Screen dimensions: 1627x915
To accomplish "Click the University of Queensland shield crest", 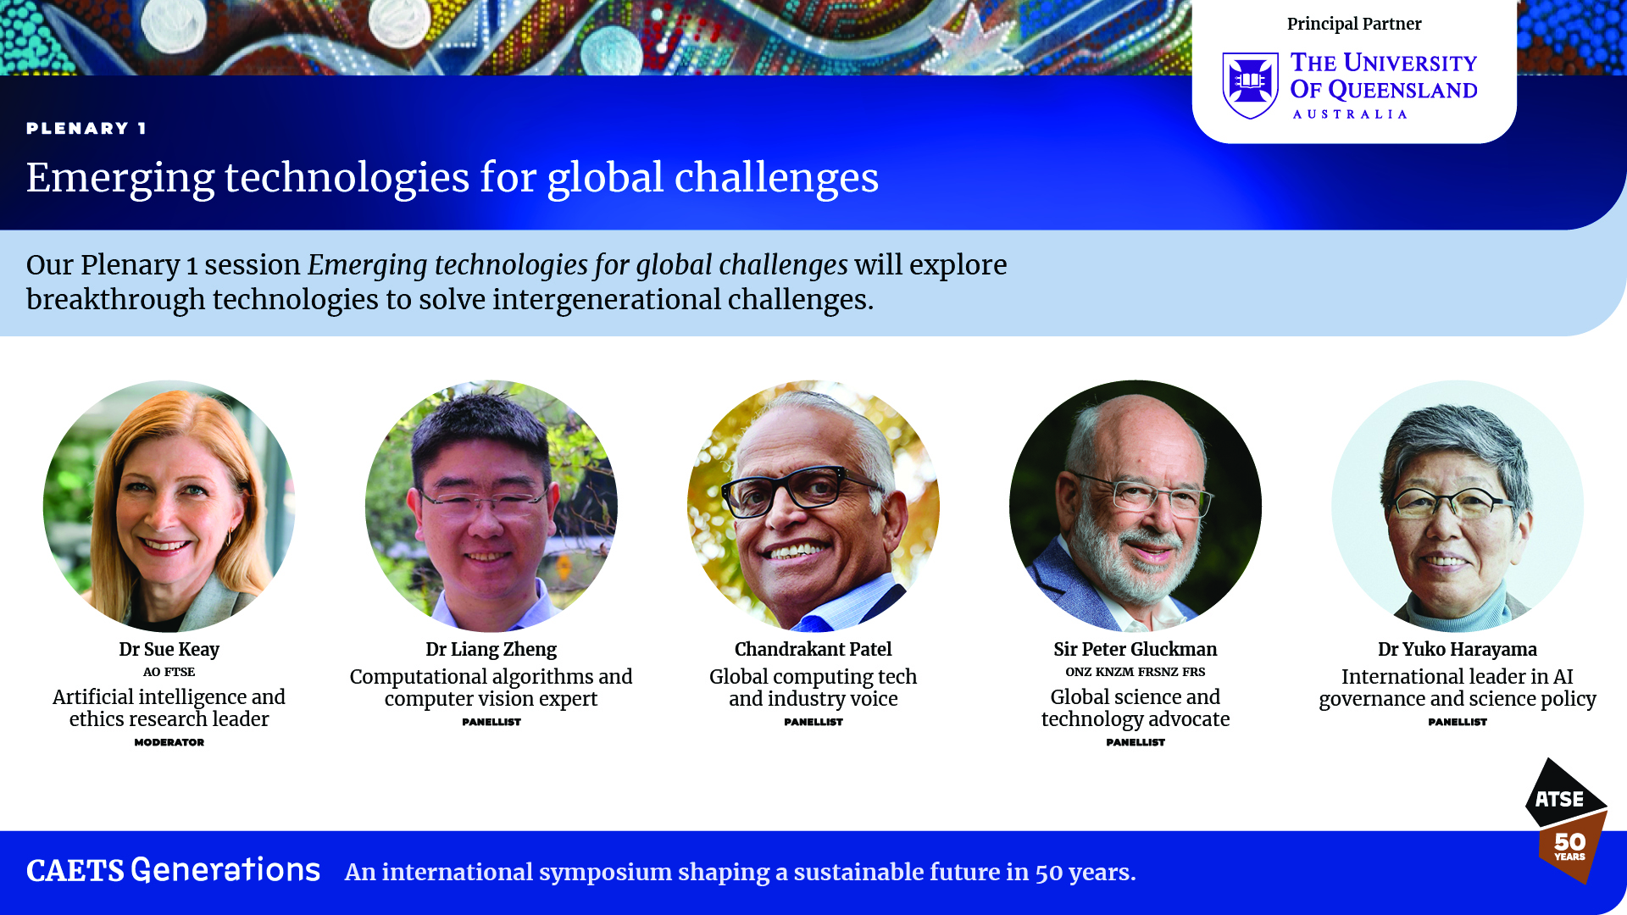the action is pos(1250,86).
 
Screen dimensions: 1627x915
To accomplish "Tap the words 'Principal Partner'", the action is pos(1354,24).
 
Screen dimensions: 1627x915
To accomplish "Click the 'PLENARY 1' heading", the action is pos(86,128).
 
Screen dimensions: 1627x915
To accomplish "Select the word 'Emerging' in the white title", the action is pos(119,178).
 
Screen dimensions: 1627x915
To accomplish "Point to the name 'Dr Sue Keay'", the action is pos(169,649).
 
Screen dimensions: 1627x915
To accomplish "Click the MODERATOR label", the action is pos(169,742).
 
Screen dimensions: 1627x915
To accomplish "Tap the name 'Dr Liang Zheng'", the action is pos(491,649).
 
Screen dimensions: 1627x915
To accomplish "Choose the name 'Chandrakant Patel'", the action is pos(813,649).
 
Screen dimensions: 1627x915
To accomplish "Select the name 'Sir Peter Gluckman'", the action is pos(1135,649).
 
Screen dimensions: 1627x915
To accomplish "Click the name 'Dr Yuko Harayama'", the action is pos(1457,649).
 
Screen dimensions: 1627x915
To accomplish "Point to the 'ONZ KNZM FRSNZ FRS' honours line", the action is pos(1135,672).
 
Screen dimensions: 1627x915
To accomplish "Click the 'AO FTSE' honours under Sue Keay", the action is pos(169,672).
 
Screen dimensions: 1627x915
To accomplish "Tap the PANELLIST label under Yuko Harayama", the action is pos(1457,722).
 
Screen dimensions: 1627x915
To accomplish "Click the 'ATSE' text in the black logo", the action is pos(1559,799).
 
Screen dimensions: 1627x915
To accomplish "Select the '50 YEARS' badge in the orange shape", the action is pos(1569,846).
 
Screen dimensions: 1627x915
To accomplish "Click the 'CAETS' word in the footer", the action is pos(75,871).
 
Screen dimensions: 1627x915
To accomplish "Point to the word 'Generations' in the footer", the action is pos(225,870).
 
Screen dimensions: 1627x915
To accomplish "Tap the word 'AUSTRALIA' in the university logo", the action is pos(1350,114).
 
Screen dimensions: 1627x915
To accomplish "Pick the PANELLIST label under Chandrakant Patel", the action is pos(813,722).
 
